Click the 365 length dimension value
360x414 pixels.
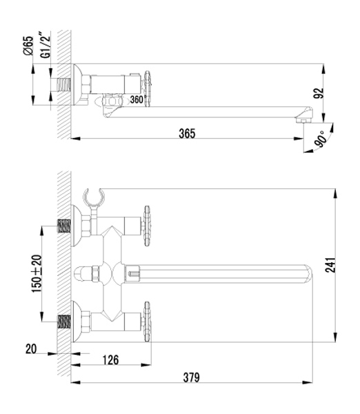point(187,133)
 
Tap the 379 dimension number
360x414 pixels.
point(191,377)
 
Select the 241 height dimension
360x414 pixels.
point(330,264)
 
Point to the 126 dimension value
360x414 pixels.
point(110,359)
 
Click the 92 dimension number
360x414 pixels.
point(319,93)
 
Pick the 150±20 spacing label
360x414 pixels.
point(37,273)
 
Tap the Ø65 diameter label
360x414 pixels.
point(28,46)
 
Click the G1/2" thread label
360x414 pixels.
point(45,45)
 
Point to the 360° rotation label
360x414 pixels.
point(137,99)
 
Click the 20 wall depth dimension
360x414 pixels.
point(31,349)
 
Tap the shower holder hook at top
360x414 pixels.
point(94,197)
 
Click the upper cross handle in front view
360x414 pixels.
point(147,226)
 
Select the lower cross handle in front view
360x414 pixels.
point(147,322)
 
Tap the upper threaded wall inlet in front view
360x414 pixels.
point(64,226)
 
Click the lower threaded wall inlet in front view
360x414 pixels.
point(64,322)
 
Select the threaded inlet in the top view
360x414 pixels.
point(64,85)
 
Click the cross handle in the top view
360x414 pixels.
point(148,89)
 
